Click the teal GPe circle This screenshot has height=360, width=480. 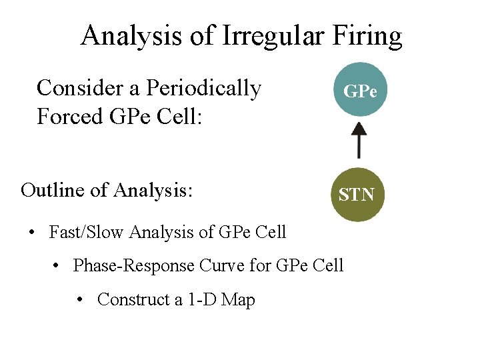click(359, 90)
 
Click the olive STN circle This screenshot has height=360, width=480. click(357, 194)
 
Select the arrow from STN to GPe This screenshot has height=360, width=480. click(359, 142)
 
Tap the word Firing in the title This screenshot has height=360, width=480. click(368, 36)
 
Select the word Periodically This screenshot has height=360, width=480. click(203, 88)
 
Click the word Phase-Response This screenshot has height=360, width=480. click(133, 265)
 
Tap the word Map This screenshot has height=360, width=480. click(238, 300)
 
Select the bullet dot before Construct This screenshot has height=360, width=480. click(80, 301)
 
